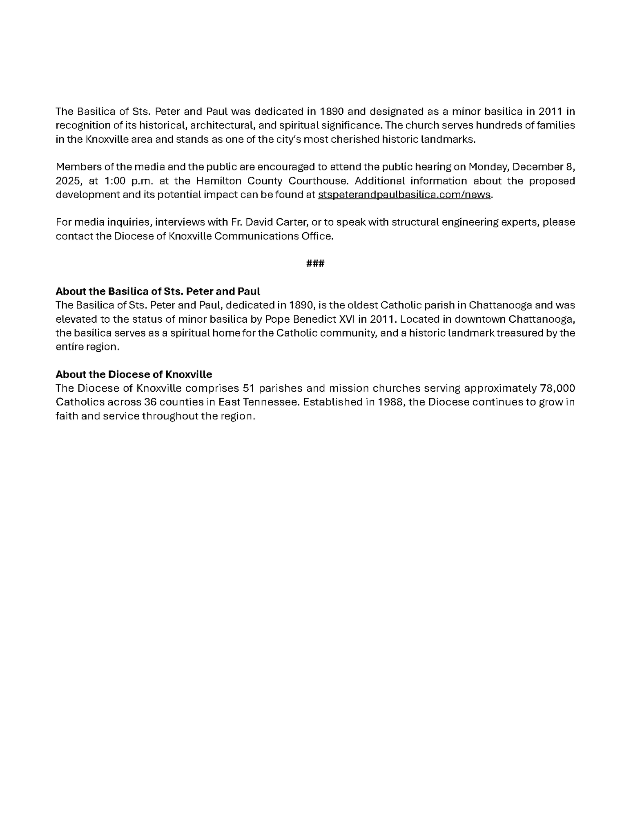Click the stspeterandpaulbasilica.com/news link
[x=404, y=195]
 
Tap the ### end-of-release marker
[x=315, y=264]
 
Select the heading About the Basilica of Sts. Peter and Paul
[x=158, y=291]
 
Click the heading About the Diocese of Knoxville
[x=134, y=374]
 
